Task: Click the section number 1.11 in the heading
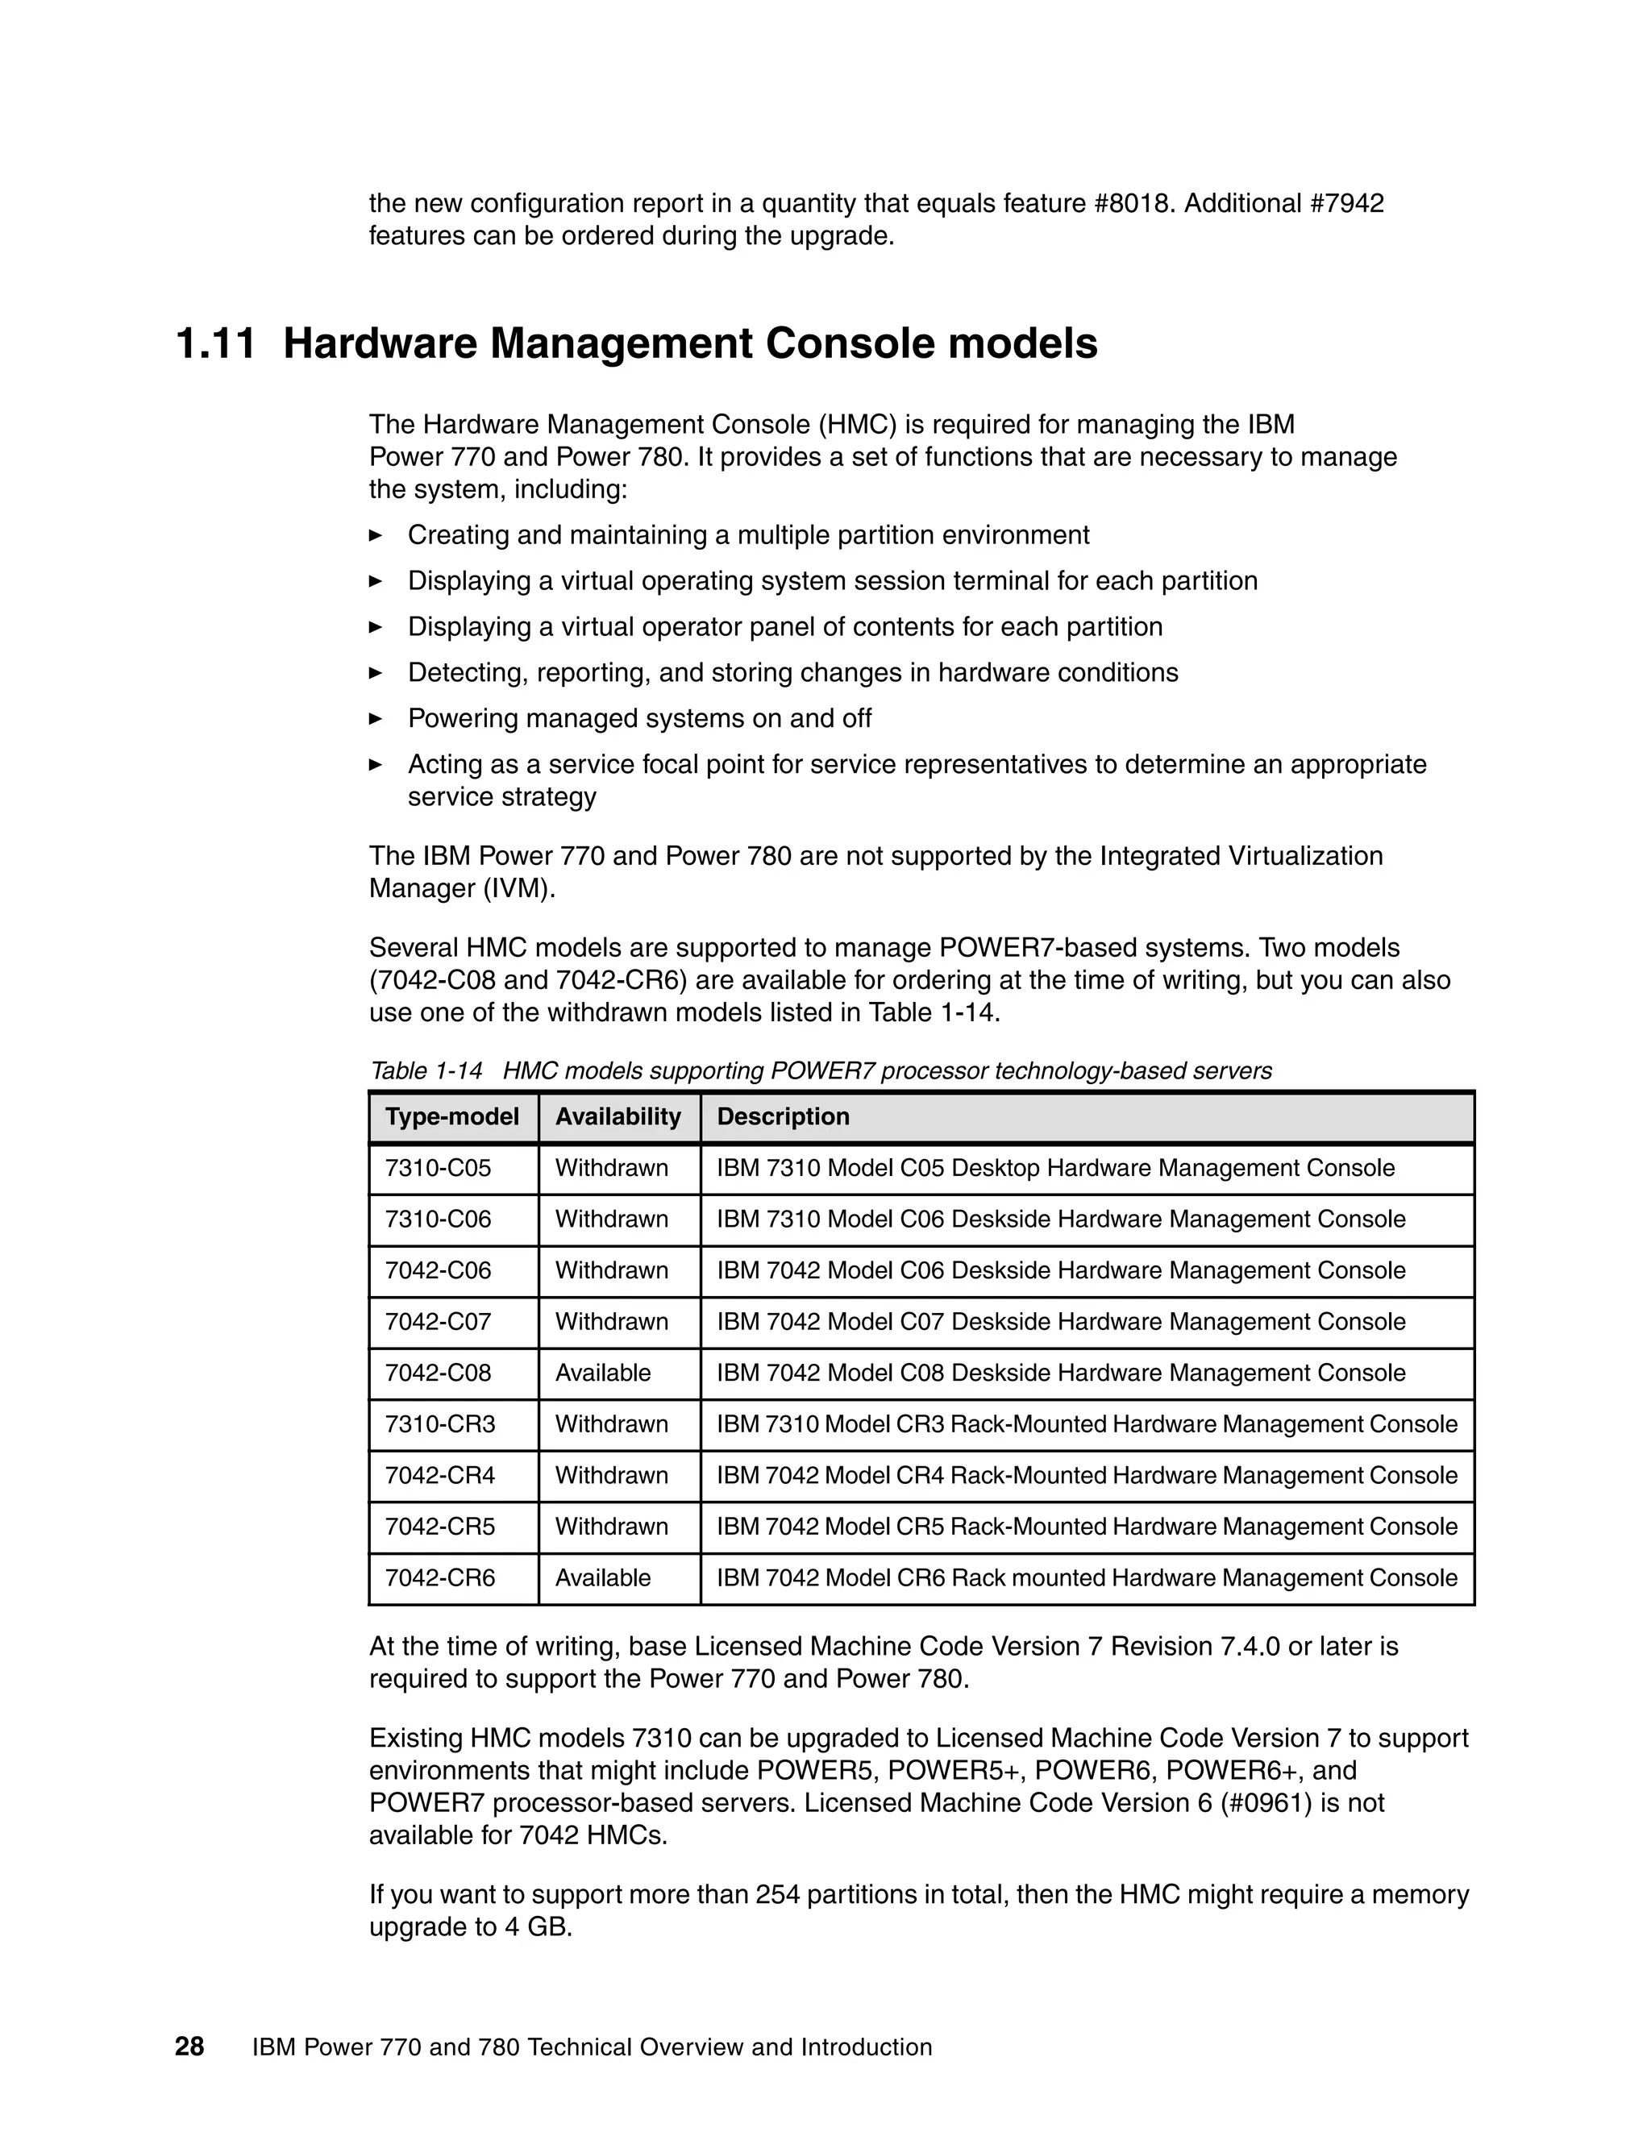pos(215,344)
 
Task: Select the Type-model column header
pos(452,1117)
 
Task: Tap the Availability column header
pos(618,1117)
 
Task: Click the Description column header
pos(783,1117)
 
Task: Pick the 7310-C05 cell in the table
pos(439,1169)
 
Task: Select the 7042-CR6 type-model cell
pos(440,1578)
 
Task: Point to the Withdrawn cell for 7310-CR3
pos(611,1425)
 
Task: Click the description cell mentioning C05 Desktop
pos(1055,1169)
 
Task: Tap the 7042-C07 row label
pos(439,1322)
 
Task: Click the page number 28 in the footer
pos(189,2047)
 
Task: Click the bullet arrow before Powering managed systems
pos(376,719)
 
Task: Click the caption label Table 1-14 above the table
pos(426,1071)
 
